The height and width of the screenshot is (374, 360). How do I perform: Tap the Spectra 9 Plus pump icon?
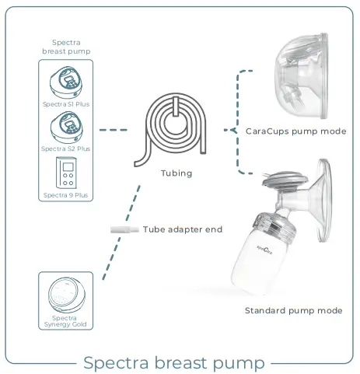(65, 171)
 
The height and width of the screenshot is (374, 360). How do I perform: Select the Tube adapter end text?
(183, 229)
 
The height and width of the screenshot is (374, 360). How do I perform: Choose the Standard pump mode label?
(293, 310)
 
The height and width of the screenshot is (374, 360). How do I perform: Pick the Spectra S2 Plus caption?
(65, 148)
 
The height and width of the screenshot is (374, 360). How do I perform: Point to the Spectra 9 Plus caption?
(65, 194)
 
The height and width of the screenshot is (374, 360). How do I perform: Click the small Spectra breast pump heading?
(65, 47)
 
